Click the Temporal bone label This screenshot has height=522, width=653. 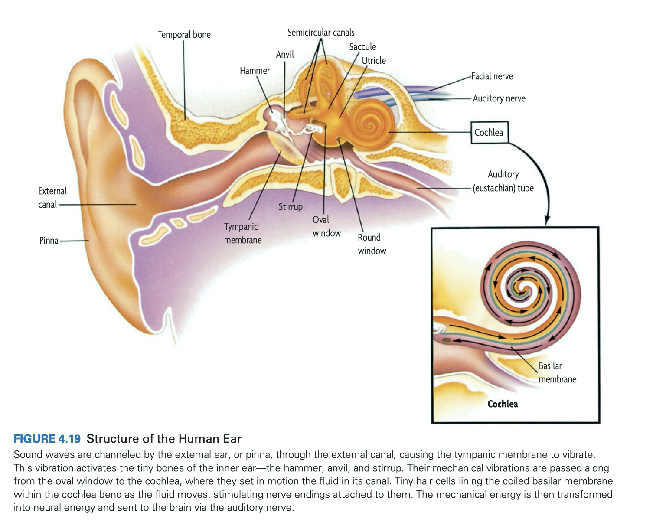184,35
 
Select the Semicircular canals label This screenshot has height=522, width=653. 321,33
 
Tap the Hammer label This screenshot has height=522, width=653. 255,71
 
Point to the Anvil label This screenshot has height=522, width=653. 285,55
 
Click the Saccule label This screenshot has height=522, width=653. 362,47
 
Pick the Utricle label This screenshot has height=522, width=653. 373,61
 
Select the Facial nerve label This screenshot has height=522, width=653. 492,77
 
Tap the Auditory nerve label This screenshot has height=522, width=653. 499,99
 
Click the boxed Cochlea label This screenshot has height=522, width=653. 489,133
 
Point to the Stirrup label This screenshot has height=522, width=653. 290,207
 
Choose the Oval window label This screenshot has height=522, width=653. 326,226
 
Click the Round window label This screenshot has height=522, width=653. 372,244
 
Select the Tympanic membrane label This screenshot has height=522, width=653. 242,233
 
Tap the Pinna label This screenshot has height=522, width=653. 49,241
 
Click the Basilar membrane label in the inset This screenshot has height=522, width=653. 557,372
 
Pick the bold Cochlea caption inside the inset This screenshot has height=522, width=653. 503,404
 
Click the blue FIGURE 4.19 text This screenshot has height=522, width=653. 47,439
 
